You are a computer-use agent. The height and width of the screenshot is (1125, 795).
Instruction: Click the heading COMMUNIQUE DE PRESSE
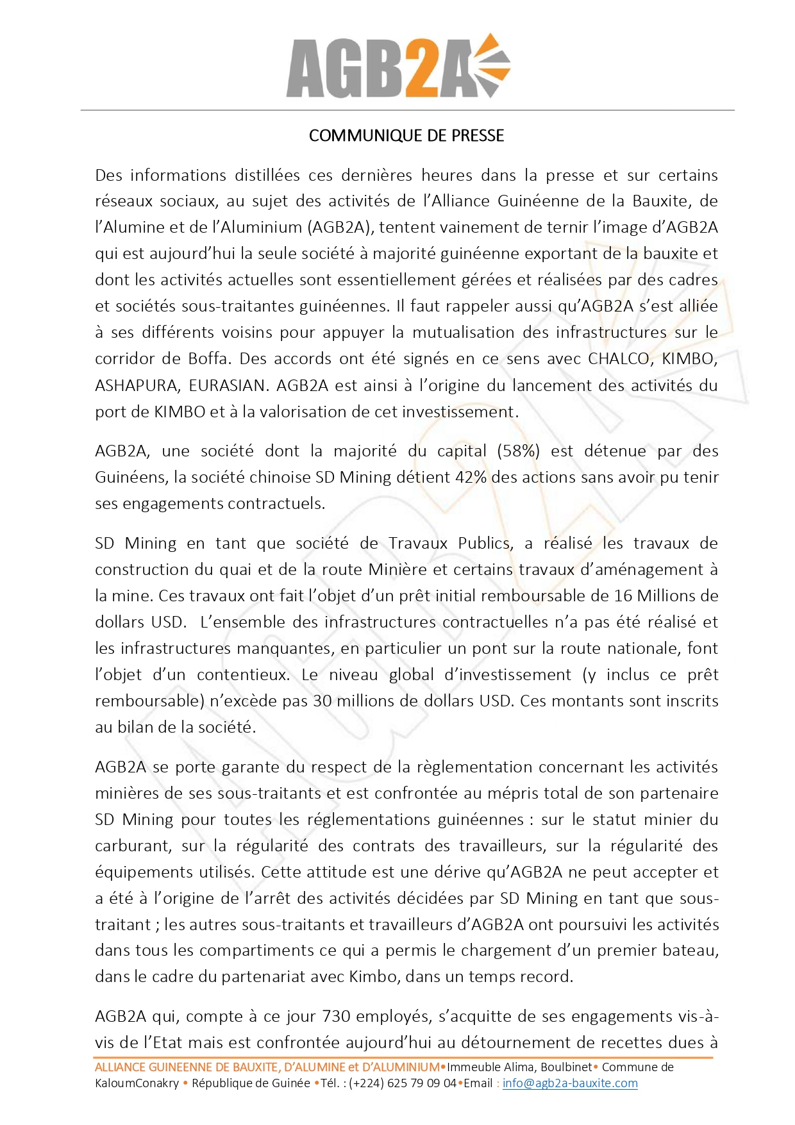click(x=406, y=135)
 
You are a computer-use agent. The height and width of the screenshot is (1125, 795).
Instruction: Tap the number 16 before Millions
click(x=623, y=596)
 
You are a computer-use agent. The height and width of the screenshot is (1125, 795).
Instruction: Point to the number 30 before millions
click(x=322, y=701)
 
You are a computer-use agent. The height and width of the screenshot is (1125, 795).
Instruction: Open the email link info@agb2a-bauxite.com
click(x=570, y=1083)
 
